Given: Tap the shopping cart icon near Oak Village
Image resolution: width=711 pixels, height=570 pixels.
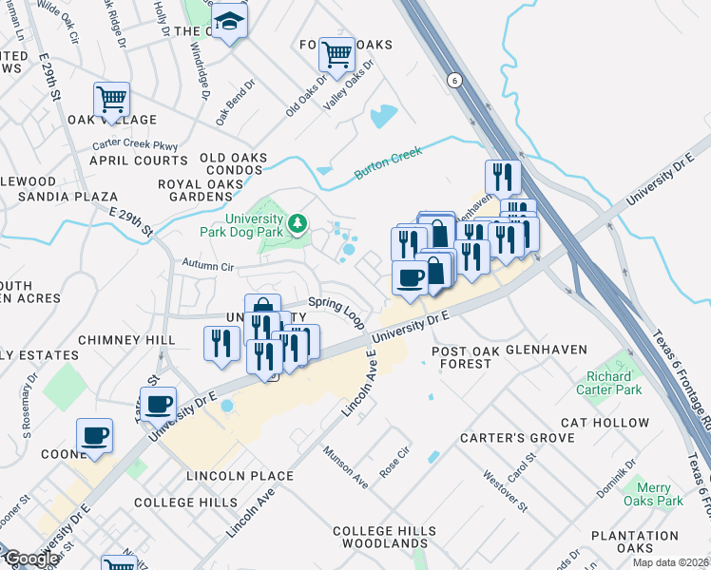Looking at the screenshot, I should click(111, 99).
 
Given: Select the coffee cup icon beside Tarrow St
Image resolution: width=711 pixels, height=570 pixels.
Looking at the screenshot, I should click(159, 404).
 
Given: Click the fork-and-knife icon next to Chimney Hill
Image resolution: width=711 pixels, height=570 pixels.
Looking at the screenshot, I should click(221, 343).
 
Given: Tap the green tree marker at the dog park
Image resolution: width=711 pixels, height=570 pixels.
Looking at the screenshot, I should click(298, 222).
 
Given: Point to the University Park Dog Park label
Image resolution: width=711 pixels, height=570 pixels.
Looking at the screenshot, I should click(241, 223).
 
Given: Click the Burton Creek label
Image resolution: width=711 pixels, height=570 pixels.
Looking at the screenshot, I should click(388, 162).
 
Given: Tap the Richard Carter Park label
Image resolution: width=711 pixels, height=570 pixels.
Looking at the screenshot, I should click(608, 383).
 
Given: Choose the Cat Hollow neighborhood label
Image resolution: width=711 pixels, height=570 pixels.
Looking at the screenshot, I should click(605, 423).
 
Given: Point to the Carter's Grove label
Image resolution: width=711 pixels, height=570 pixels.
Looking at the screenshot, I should click(517, 438).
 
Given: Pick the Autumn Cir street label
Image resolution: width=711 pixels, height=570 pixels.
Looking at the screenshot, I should click(207, 267).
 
